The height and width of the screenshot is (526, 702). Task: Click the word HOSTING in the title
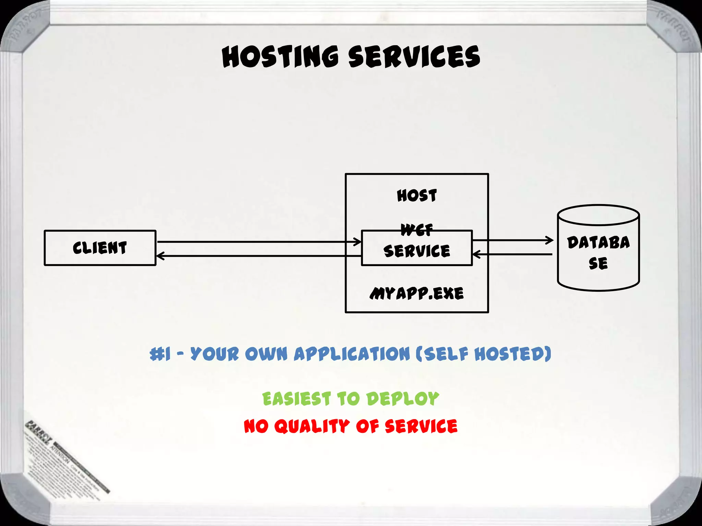(x=280, y=57)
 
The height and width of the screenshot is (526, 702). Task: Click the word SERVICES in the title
(x=414, y=57)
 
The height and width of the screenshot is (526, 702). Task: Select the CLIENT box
(x=100, y=248)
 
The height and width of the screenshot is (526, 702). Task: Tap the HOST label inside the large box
(x=417, y=196)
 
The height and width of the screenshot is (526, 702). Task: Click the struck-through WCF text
(x=417, y=230)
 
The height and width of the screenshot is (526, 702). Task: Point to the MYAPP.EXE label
(x=417, y=293)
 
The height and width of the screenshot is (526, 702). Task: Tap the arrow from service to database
(x=513, y=240)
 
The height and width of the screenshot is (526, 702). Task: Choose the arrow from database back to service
(x=513, y=254)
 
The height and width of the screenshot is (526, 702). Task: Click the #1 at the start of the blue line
(x=160, y=354)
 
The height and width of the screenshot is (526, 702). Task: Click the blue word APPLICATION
(x=352, y=354)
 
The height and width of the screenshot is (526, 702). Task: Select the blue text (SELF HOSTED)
(x=483, y=354)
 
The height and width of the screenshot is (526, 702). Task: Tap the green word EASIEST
(x=296, y=399)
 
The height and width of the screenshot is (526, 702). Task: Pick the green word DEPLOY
(x=402, y=399)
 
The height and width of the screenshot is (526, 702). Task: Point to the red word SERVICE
(x=421, y=426)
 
